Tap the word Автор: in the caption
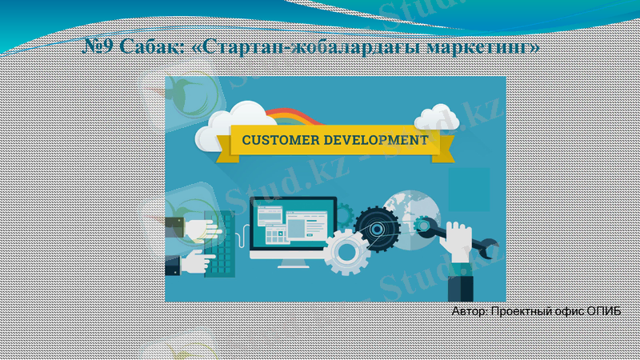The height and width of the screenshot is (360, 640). pos(468,311)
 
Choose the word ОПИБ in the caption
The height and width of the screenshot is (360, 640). pos(604,311)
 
